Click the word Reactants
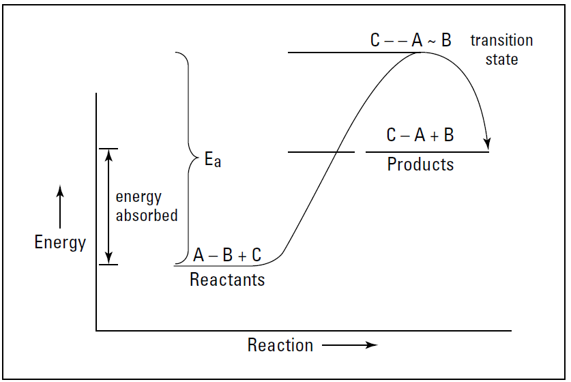tap(227, 280)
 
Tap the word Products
tap(420, 164)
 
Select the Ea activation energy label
tap(213, 161)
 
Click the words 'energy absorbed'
tap(147, 206)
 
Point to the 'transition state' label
tap(501, 50)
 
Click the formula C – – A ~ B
tap(411, 41)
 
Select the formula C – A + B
tap(420, 135)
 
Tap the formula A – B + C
tap(227, 255)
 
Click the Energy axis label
tap(60, 242)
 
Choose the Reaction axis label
tap(280, 345)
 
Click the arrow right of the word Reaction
tap(349, 345)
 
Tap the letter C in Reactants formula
tap(255, 255)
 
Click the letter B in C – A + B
tap(448, 135)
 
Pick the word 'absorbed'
tap(147, 216)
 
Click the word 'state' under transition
tap(501, 59)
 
